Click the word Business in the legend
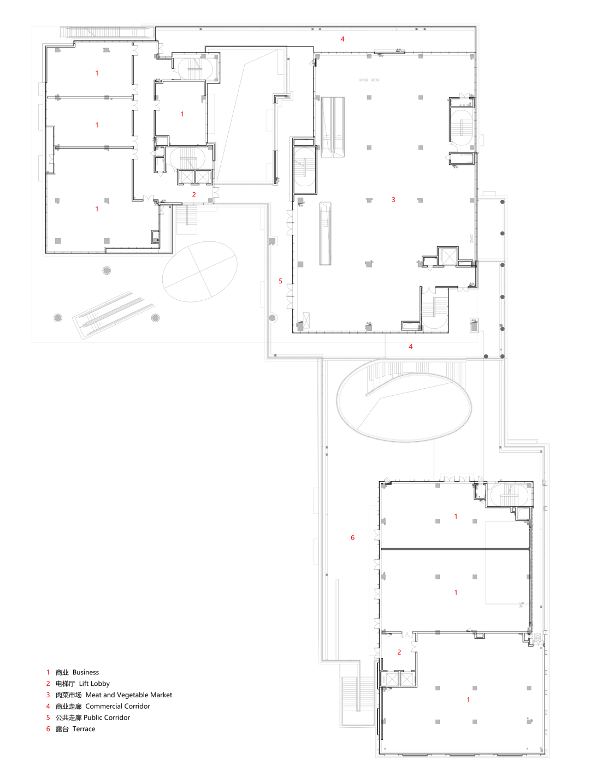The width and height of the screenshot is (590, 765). (x=86, y=672)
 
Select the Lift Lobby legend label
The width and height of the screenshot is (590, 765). (x=95, y=683)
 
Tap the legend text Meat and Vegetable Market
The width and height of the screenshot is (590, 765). (x=129, y=695)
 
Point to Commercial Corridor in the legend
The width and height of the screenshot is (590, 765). (x=117, y=706)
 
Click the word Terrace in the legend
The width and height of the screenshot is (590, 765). (x=84, y=729)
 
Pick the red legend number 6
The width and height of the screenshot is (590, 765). (x=48, y=729)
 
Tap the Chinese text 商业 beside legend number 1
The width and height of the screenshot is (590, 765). (x=62, y=672)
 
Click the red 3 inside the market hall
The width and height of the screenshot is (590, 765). (x=393, y=200)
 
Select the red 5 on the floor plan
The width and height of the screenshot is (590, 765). (x=280, y=281)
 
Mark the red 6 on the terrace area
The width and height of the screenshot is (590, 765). (x=352, y=537)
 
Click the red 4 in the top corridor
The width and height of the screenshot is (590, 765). (x=343, y=39)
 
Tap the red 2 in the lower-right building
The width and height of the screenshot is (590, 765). (x=399, y=652)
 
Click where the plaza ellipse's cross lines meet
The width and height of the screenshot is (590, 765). (x=200, y=271)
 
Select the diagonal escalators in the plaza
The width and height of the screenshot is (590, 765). (x=114, y=315)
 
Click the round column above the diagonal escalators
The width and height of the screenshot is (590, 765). (x=107, y=270)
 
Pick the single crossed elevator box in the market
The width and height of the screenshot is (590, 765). (x=448, y=256)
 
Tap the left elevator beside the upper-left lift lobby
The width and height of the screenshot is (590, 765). (x=186, y=177)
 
